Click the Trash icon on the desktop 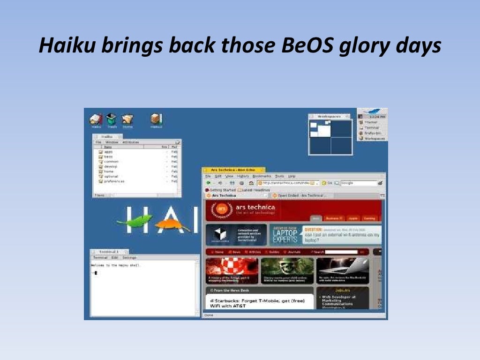pyautogui.click(x=111, y=120)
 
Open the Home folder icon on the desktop pyautogui.click(x=127, y=120)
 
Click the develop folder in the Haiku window pyautogui.click(x=110, y=166)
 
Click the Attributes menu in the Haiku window pyautogui.click(x=130, y=142)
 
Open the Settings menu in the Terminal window pyautogui.click(x=129, y=257)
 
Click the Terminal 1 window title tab pyautogui.click(x=108, y=252)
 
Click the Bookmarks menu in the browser pyautogui.click(x=262, y=176)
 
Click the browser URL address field pyautogui.click(x=286, y=183)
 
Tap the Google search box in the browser pyautogui.click(x=359, y=183)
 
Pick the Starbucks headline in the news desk pyautogui.click(x=258, y=303)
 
